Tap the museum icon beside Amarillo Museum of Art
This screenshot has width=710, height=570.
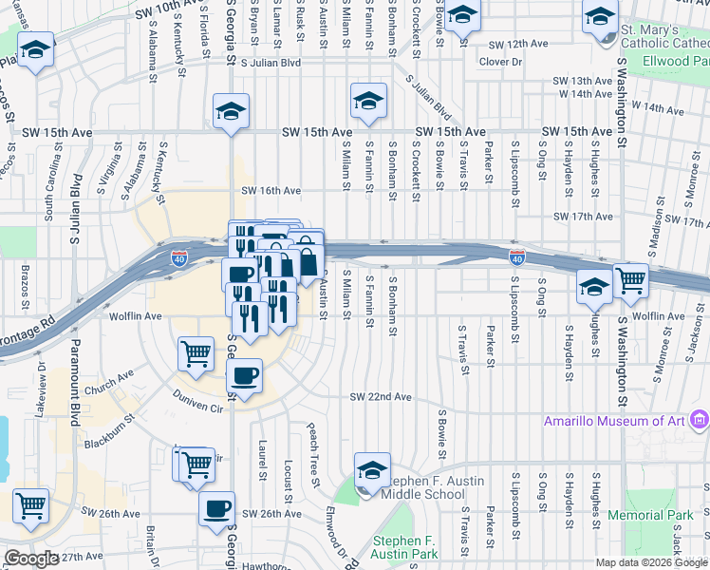(x=701, y=419)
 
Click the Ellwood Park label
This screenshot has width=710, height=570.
(x=677, y=60)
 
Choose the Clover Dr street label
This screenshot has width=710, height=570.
(x=501, y=62)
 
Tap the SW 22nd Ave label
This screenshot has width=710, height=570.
(x=381, y=396)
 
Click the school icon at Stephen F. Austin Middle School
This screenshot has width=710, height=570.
(x=372, y=468)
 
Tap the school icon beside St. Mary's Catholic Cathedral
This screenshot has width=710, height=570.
(x=601, y=16)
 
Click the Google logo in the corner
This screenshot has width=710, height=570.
(x=30, y=560)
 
